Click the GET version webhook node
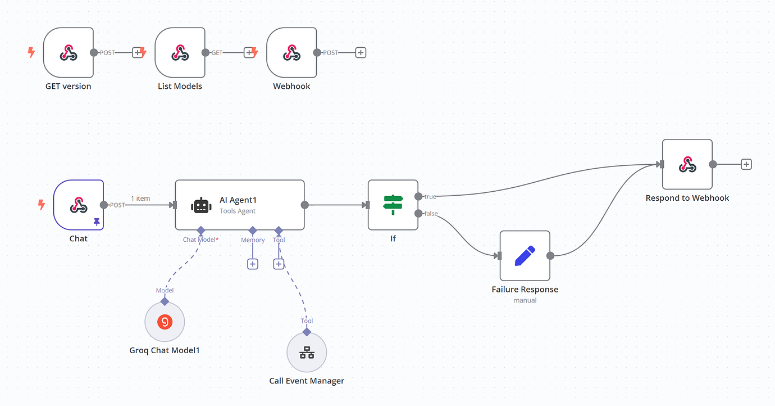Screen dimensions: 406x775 pos(68,53)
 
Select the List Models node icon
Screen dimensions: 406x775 pos(180,53)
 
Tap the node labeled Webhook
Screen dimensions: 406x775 pos(291,53)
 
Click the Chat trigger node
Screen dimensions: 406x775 pos(79,205)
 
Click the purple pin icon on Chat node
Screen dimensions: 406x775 pos(97,223)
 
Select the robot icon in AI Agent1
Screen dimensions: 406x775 pos(201,205)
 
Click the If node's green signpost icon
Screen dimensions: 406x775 pos(393,205)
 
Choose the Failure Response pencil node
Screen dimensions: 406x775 pos(525,255)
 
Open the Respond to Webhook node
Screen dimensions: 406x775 pos(687,164)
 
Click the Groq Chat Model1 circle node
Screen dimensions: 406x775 pos(165,322)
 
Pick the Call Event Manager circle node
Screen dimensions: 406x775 pos(307,353)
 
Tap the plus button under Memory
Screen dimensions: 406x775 pos(253,264)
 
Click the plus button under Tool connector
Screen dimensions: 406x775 pos(279,264)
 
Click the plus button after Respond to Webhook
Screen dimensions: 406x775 pos(746,164)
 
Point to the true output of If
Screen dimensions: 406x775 pos(418,196)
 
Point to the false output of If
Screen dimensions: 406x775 pos(418,213)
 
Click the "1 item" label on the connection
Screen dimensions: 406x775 pos(140,199)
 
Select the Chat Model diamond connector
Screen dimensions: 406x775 pos(200,230)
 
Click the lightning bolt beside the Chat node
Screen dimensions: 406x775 pos(41,205)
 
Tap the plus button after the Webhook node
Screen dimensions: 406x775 pos(361,52)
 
